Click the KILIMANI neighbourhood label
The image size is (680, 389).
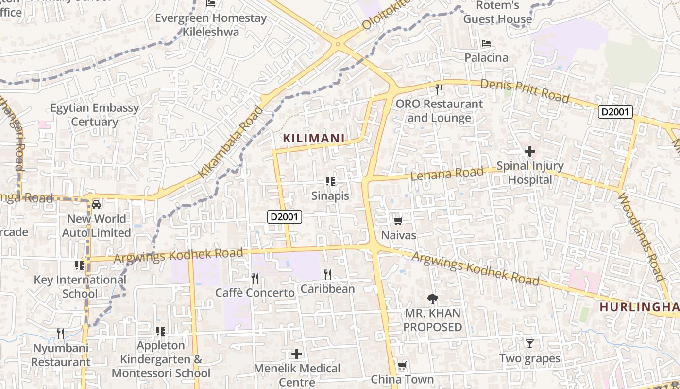tap(314, 139)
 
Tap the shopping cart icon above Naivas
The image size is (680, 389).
tap(398, 221)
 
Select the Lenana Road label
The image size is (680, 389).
tap(447, 173)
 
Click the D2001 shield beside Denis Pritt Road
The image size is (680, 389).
tap(615, 112)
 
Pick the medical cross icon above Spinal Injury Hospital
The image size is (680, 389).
tap(530, 152)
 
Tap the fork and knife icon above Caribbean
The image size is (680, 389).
tap(328, 275)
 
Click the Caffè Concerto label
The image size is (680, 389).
tap(255, 293)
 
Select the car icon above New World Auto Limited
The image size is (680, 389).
tap(96, 205)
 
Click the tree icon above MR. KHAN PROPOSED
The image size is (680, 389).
tap(432, 299)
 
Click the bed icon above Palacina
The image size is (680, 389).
tap(486, 43)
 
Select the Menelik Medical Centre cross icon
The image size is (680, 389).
tap(297, 354)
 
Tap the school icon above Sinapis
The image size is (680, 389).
tap(330, 182)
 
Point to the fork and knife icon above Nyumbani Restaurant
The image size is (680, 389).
tap(61, 334)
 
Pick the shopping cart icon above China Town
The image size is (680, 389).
tap(402, 366)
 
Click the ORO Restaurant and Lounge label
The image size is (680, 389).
tap(439, 111)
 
